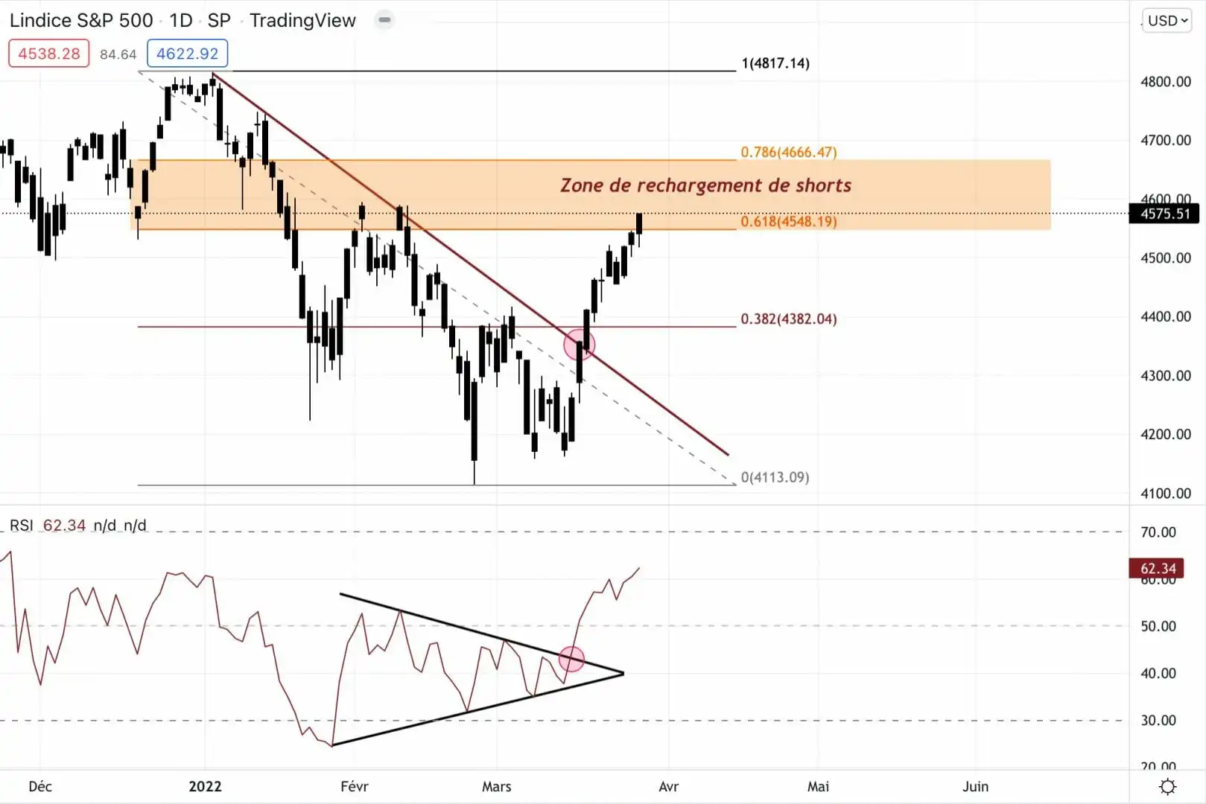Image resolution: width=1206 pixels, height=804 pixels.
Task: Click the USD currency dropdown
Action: click(1167, 21)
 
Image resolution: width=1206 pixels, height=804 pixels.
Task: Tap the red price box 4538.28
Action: click(49, 54)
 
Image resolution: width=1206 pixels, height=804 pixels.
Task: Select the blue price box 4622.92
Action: click(188, 54)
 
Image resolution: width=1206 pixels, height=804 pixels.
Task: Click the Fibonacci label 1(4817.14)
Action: click(775, 63)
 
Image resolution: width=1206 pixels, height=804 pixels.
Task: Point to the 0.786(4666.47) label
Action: click(788, 152)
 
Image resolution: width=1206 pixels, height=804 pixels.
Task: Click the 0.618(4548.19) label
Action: click(788, 221)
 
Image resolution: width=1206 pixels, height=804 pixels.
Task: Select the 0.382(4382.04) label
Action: click(788, 319)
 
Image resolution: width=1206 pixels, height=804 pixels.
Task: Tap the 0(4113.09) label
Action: click(775, 477)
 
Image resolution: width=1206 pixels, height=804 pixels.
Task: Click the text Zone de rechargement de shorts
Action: click(705, 185)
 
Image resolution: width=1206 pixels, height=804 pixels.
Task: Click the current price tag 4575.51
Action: click(1165, 214)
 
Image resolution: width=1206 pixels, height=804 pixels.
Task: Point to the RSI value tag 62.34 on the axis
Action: click(1158, 569)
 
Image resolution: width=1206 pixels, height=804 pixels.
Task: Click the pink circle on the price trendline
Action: click(579, 345)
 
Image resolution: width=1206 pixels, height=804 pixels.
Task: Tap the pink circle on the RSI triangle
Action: click(571, 659)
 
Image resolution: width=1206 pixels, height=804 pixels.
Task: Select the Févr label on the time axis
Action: click(354, 786)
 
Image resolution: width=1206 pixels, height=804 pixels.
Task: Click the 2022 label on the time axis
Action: click(205, 786)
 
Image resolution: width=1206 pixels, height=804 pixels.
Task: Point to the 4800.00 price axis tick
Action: click(1165, 82)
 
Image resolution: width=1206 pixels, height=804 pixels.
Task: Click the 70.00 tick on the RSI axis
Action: click(1158, 532)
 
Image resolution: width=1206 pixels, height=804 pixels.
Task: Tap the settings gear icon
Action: click(1168, 786)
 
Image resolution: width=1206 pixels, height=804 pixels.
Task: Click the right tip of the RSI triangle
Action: click(623, 674)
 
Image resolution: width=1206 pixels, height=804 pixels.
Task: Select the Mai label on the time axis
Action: click(818, 786)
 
